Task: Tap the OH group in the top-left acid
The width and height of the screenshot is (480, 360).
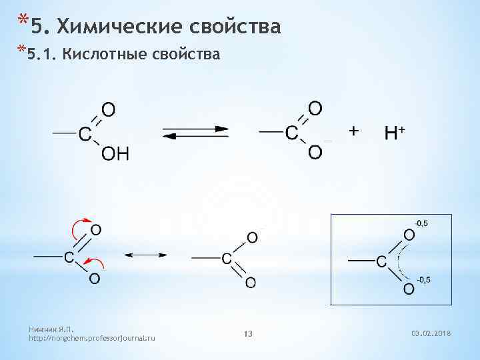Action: coord(115,155)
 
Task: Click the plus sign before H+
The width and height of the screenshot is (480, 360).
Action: coord(354,131)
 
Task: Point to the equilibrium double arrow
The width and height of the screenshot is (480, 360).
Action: coord(195,132)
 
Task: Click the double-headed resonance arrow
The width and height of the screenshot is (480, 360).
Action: coord(145,255)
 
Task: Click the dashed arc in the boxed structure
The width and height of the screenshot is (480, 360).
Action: coord(399,261)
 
